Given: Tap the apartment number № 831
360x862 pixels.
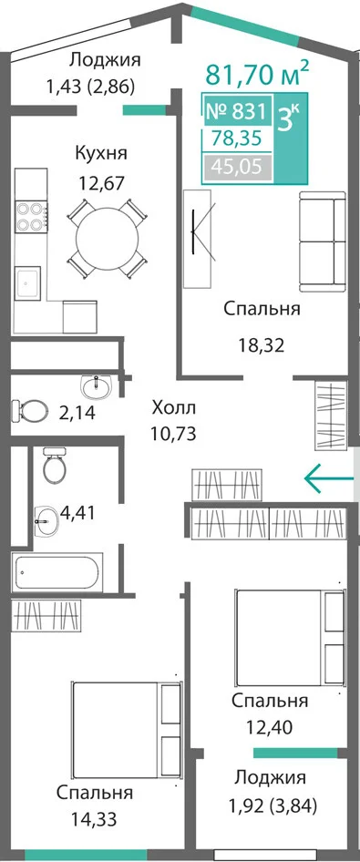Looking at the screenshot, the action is [236, 111].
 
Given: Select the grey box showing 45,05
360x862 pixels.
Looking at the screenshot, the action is [238, 165].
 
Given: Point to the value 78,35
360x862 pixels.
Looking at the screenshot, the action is [239, 138].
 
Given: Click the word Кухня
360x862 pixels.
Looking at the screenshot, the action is [101, 153].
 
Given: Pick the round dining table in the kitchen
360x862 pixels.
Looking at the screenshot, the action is [108, 239].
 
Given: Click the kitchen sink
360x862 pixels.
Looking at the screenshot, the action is [27, 282].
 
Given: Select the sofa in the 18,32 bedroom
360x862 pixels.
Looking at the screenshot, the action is [323, 241].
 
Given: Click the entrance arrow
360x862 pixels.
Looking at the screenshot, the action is [329, 478].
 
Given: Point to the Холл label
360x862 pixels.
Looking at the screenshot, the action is [173, 408].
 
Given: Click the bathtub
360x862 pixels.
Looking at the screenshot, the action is [57, 573].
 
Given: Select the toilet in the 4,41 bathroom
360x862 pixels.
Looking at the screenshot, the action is [55, 466].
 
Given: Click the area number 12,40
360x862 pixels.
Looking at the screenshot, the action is [269, 728].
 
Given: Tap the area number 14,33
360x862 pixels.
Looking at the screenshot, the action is [94, 820].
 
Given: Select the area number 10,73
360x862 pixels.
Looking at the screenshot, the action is [174, 435].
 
